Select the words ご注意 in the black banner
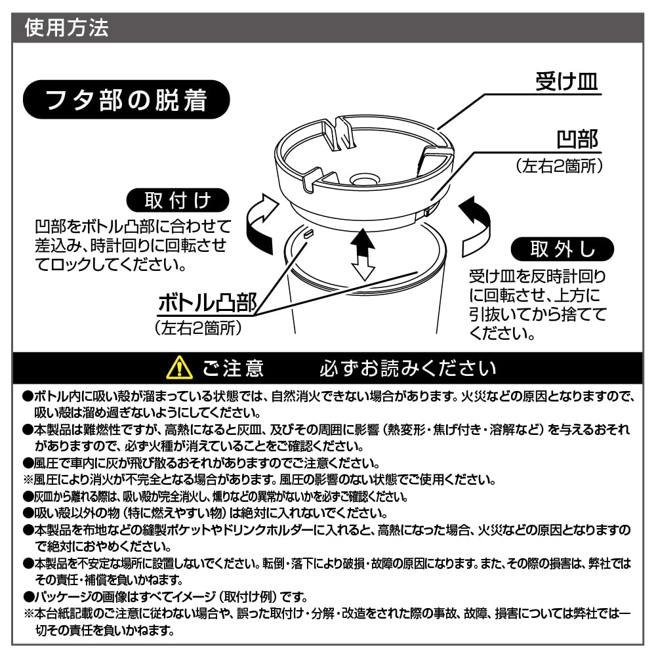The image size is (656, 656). pyautogui.click(x=233, y=368)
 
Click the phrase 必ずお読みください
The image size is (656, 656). pyautogui.click(x=407, y=368)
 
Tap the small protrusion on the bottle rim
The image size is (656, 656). pyautogui.click(x=309, y=232)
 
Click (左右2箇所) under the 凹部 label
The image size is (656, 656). pyautogui.click(x=558, y=166)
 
